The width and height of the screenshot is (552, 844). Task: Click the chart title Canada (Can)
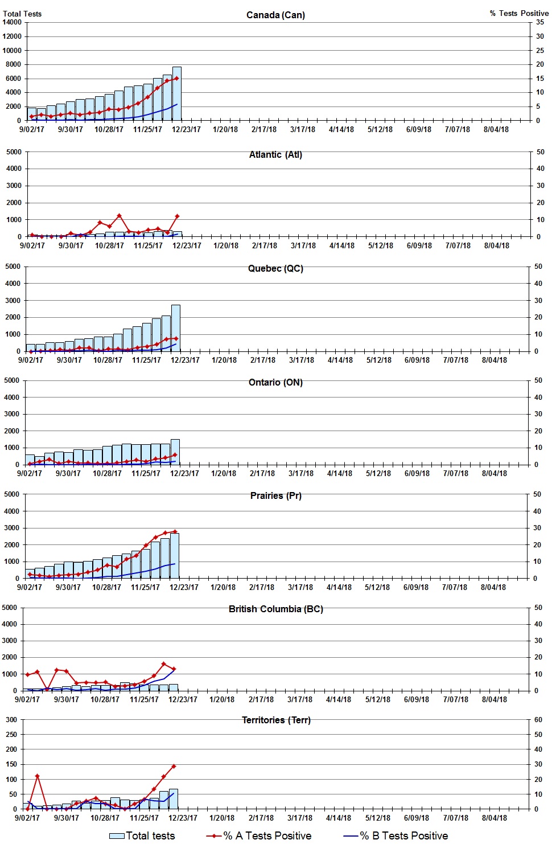pos(275,15)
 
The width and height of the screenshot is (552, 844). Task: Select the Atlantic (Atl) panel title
pos(275,154)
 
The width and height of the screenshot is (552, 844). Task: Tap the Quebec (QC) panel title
pos(275,268)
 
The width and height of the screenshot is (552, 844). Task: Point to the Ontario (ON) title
pos(275,382)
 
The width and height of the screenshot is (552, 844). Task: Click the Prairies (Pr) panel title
pos(275,495)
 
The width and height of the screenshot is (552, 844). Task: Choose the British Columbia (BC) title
pos(275,609)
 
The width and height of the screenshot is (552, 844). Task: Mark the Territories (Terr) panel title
pos(275,720)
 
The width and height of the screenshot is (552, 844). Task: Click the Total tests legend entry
pos(142,835)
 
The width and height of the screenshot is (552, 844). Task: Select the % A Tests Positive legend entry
pos(259,835)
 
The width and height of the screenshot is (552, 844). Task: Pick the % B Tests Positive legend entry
pos(396,835)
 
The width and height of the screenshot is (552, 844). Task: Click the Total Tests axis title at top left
pos(22,14)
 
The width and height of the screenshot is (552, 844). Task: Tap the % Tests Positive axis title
pos(519,13)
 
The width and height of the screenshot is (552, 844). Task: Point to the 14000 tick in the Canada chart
pos(12,22)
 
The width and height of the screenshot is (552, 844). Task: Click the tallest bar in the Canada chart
pos(177,94)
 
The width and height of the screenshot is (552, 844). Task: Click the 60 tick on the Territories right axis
pos(538,719)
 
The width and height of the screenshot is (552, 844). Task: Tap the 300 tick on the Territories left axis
pos(11,719)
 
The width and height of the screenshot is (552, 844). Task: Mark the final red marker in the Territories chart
pos(174,766)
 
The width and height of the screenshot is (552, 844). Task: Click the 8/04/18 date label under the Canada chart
pos(496,129)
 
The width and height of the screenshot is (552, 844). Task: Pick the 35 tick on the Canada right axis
pos(539,22)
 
